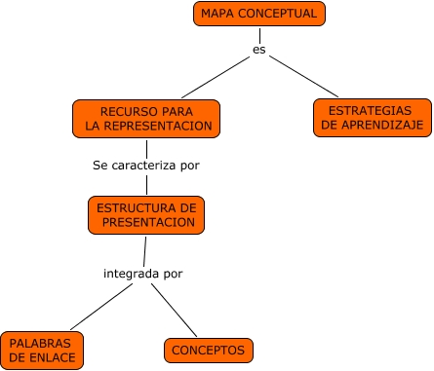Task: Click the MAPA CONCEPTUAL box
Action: [x=257, y=14]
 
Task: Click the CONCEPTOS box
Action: [x=208, y=350]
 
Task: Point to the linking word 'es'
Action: [x=258, y=50]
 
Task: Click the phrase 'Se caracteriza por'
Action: [x=146, y=166]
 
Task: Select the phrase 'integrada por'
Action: [x=142, y=274]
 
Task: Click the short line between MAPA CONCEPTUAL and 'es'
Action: [x=258, y=34]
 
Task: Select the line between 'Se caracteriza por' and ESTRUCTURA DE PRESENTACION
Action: [x=146, y=185]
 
